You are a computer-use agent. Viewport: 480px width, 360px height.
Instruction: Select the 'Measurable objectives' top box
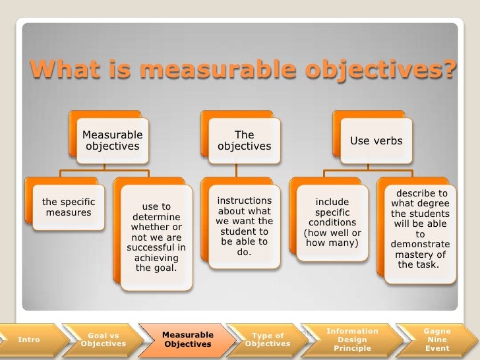(112, 140)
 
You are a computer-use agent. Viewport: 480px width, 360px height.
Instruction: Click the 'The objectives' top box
(244, 140)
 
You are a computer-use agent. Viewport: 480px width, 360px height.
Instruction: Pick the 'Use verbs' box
(376, 140)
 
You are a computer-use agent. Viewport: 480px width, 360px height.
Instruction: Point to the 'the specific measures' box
(69, 207)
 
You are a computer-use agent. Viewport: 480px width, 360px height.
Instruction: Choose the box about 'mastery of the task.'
(419, 229)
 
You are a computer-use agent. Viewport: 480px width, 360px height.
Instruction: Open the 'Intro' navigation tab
(29, 340)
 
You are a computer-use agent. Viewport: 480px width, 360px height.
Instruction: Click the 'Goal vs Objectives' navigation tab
(103, 340)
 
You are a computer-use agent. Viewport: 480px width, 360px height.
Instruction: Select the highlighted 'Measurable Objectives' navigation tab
(187, 340)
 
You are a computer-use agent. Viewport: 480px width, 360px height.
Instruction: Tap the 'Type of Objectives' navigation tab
(268, 340)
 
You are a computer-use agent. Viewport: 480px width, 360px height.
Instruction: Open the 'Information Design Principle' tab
(352, 340)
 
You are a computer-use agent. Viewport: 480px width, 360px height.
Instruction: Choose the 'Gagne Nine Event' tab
(437, 340)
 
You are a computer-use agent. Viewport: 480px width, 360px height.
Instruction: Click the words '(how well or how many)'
(332, 238)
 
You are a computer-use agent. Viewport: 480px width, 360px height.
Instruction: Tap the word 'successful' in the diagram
(156, 248)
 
